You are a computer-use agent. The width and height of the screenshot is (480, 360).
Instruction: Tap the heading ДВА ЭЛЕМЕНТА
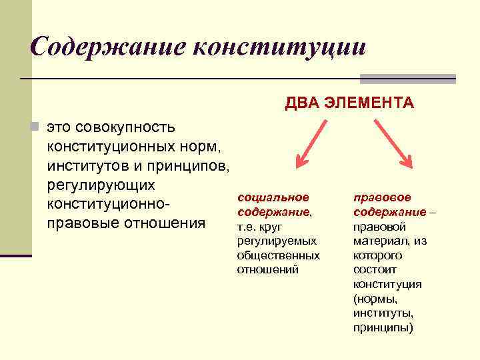click(x=349, y=103)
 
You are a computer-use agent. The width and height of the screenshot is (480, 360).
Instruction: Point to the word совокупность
click(x=125, y=127)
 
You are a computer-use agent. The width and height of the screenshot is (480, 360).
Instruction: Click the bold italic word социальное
click(x=273, y=197)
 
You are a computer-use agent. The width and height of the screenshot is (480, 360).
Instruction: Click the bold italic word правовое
click(x=382, y=197)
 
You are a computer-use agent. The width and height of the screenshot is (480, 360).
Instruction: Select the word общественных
click(x=278, y=255)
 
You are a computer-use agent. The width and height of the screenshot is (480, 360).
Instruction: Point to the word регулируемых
click(x=276, y=241)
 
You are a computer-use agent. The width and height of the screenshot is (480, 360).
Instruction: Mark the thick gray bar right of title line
click(x=407, y=79)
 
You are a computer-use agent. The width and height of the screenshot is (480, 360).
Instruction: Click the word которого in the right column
click(x=377, y=255)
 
